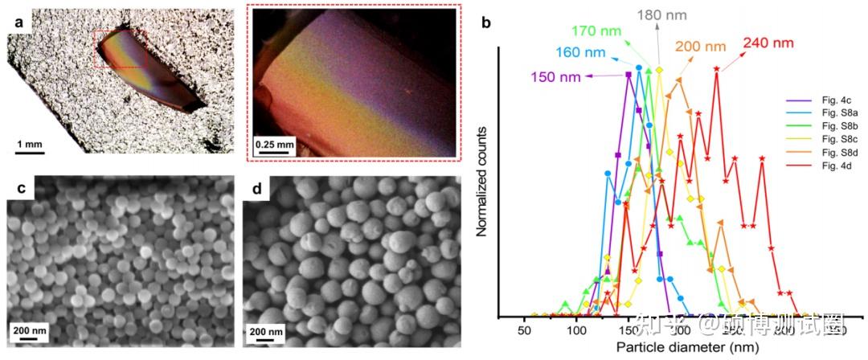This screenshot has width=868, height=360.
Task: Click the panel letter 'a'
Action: (x=18, y=22)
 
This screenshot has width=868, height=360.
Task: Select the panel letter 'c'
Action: (x=18, y=191)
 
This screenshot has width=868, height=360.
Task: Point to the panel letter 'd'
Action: (x=255, y=191)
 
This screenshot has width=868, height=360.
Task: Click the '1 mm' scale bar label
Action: (x=29, y=144)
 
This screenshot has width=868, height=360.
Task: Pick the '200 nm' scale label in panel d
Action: (x=267, y=330)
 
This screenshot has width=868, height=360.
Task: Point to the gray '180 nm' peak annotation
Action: (x=658, y=14)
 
